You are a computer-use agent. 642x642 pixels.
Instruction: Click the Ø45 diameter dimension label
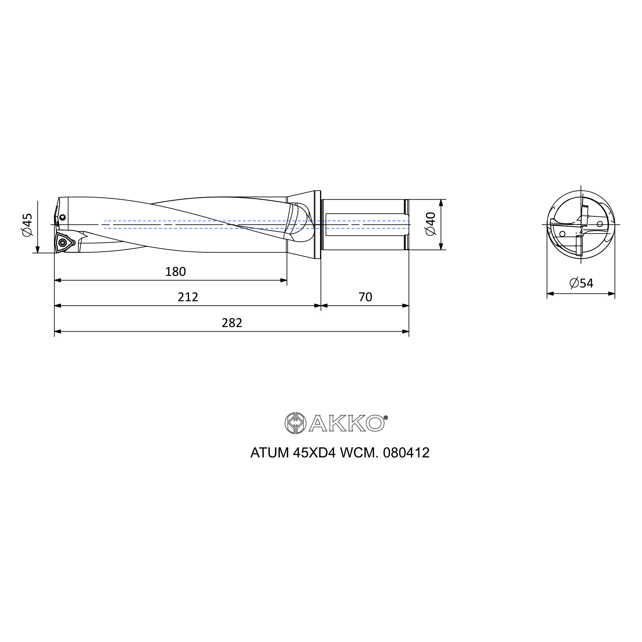[x=28, y=225]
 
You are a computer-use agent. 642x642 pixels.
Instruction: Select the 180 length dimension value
[x=176, y=272]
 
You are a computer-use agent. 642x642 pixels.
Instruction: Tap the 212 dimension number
[x=188, y=297]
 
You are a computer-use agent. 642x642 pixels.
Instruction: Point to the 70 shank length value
[x=365, y=297]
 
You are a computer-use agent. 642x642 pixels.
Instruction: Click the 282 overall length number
[x=232, y=323]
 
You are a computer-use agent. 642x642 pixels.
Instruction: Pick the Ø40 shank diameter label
[x=431, y=224]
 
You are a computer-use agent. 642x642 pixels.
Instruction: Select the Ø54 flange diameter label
[x=581, y=283]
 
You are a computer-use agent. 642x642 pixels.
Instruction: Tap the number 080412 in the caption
[x=406, y=453]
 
